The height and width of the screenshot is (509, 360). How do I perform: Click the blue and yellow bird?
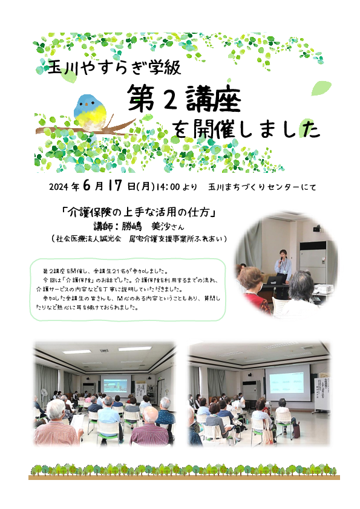pyautogui.click(x=90, y=112)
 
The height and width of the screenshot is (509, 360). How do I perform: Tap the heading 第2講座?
pyautogui.click(x=184, y=99)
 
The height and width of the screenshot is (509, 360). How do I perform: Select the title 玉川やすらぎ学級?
pyautogui.click(x=114, y=67)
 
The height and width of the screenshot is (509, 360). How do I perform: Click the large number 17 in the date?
pyautogui.click(x=115, y=186)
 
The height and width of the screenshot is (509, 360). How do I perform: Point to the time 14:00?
pyautogui.click(x=168, y=187)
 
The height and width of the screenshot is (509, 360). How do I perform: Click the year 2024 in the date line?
pyautogui.click(x=59, y=187)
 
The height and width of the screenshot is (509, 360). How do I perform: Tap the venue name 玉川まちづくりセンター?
pyautogui.click(x=251, y=187)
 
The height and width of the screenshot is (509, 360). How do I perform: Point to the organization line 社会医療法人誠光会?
pyautogui.click(x=88, y=239)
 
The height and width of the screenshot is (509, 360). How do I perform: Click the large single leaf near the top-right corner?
pyautogui.click(x=321, y=88)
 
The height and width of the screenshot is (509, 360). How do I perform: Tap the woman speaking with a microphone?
pyautogui.click(x=283, y=267)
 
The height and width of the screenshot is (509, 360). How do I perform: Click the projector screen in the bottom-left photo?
pyautogui.click(x=116, y=384)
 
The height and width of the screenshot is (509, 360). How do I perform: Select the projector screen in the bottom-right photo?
pyautogui.click(x=287, y=383)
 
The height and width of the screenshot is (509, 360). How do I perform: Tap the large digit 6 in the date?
pyautogui.click(x=87, y=186)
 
